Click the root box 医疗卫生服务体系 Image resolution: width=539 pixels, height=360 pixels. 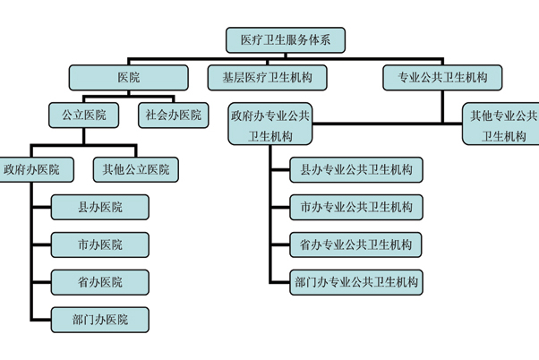click(x=284, y=39)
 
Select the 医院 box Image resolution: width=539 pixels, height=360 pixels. click(x=128, y=78)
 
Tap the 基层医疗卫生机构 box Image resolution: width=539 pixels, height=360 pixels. click(x=267, y=78)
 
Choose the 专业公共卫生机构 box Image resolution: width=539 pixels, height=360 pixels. click(x=442, y=78)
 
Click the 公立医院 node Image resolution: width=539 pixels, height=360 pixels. click(x=83, y=115)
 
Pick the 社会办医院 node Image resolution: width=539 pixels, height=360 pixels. click(x=174, y=115)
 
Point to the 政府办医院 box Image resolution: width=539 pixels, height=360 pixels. click(x=30, y=168)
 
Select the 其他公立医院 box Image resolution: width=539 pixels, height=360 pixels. click(x=135, y=168)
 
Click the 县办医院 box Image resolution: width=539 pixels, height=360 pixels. click(x=99, y=207)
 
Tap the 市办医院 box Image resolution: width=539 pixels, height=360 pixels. click(x=99, y=244)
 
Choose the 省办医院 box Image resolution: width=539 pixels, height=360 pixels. click(x=99, y=282)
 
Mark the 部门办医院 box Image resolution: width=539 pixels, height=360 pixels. click(x=99, y=319)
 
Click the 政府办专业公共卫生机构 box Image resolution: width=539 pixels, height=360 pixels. click(x=271, y=125)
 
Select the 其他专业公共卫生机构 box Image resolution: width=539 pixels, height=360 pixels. click(x=502, y=125)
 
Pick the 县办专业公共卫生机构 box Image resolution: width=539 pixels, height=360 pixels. click(x=356, y=168)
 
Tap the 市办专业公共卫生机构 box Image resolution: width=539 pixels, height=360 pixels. click(x=356, y=207)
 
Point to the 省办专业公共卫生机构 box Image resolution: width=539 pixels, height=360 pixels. click(x=356, y=244)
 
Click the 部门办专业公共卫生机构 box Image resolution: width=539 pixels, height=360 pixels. click(x=356, y=282)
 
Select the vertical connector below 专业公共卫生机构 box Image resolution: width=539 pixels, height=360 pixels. click(x=442, y=106)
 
